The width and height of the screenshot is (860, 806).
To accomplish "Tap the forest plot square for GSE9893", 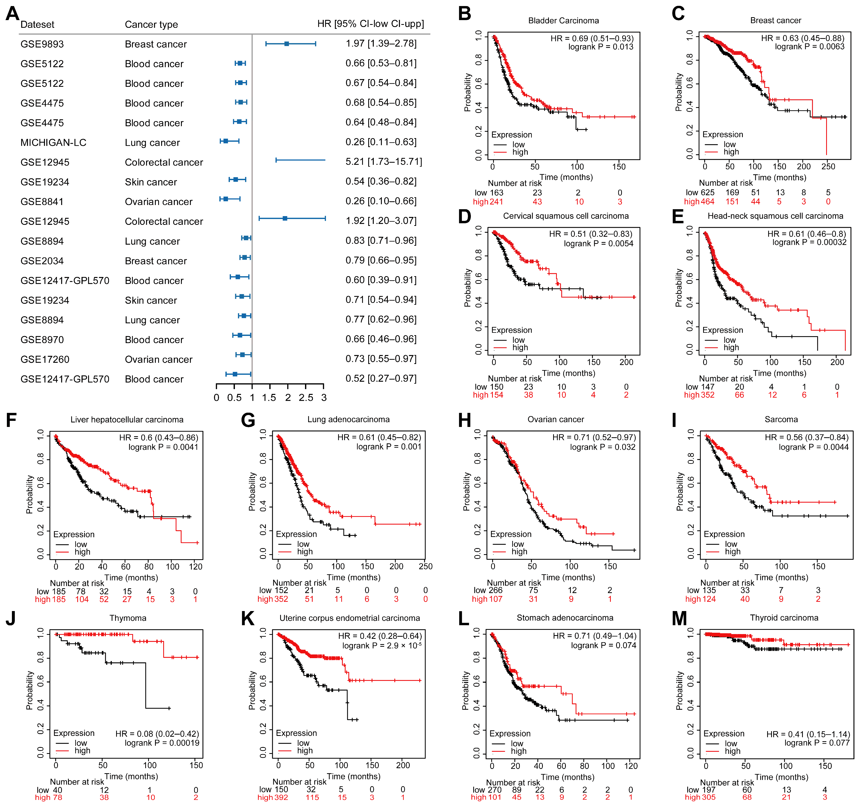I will pyautogui.click(x=286, y=44).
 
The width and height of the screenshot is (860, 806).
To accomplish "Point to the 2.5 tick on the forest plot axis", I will pyautogui.click(x=306, y=397).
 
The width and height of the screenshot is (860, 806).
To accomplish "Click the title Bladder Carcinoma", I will pyautogui.click(x=563, y=21).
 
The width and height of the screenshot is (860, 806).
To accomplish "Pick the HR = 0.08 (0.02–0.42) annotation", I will pyautogui.click(x=157, y=734).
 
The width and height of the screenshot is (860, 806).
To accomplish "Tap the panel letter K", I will pyautogui.click(x=247, y=619).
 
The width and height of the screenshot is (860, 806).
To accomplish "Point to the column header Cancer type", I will pyautogui.click(x=151, y=25).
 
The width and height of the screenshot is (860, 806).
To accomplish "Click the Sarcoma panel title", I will pyautogui.click(x=781, y=419).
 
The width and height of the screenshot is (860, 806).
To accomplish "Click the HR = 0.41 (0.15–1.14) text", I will pyautogui.click(x=808, y=734).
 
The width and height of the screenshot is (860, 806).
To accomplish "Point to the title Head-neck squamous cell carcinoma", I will pyautogui.click(x=775, y=216).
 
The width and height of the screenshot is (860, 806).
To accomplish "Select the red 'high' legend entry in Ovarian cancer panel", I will pyautogui.click(x=519, y=552).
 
